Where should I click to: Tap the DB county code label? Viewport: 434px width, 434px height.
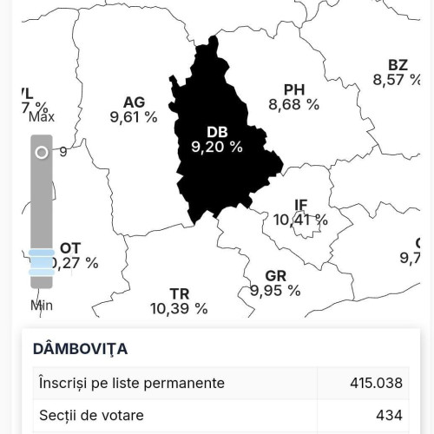click(x=217, y=132)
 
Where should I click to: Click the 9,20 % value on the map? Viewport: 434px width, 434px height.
click(x=217, y=148)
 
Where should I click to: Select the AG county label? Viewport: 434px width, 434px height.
click(x=134, y=102)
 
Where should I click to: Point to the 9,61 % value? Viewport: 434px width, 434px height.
click(x=135, y=116)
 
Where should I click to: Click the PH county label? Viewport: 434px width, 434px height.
click(x=294, y=89)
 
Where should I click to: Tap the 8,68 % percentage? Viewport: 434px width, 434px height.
click(x=294, y=104)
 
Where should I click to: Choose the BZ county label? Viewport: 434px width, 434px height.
click(x=398, y=65)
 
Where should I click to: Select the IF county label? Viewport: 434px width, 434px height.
click(x=301, y=206)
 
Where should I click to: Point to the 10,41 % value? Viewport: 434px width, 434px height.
click(x=301, y=220)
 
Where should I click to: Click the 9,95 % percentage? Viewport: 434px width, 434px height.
click(x=275, y=291)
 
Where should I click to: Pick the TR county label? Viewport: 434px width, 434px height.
click(x=180, y=293)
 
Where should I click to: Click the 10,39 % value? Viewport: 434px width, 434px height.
click(x=179, y=308)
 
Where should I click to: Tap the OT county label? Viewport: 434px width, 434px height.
click(x=70, y=248)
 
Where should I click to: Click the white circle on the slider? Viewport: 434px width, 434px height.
click(x=41, y=153)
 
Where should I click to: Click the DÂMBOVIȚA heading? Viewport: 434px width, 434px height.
click(x=80, y=349)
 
